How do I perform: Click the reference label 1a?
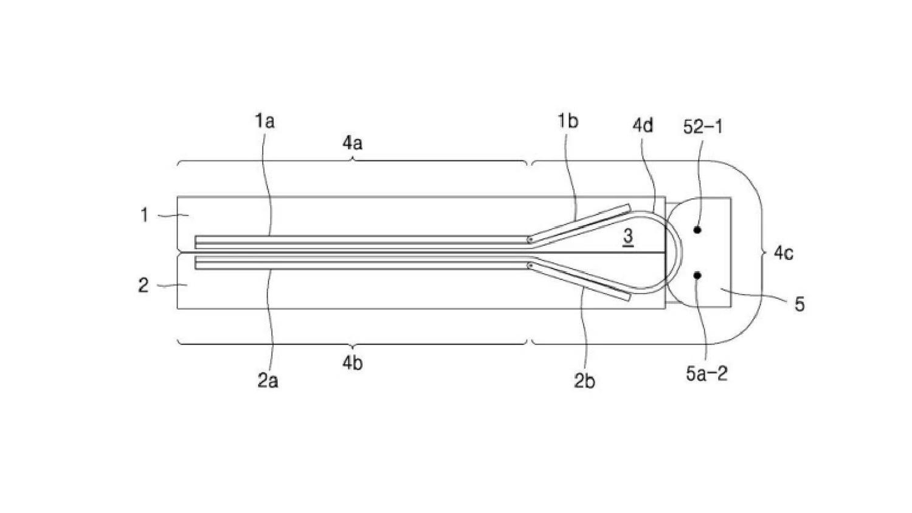coord(264,121)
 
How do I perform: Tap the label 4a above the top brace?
coord(353,143)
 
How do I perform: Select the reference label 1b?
coord(568,121)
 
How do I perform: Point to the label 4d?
coord(643,126)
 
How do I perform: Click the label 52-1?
coord(703,127)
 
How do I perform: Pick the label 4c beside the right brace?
coord(783,253)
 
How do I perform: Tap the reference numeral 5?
coord(800,304)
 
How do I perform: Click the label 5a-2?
coord(706,373)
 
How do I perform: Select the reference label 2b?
coord(584,381)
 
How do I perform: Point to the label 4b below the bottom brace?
coord(353,363)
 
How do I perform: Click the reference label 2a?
coord(268,381)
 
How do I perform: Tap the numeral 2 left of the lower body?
coord(143,285)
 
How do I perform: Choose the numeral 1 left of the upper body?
coord(144,215)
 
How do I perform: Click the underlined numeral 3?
coord(628,236)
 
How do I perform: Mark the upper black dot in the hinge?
coord(697,230)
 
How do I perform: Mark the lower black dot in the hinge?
coord(697,275)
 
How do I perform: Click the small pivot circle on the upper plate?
coord(530,240)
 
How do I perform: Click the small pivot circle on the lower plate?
coord(530,265)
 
